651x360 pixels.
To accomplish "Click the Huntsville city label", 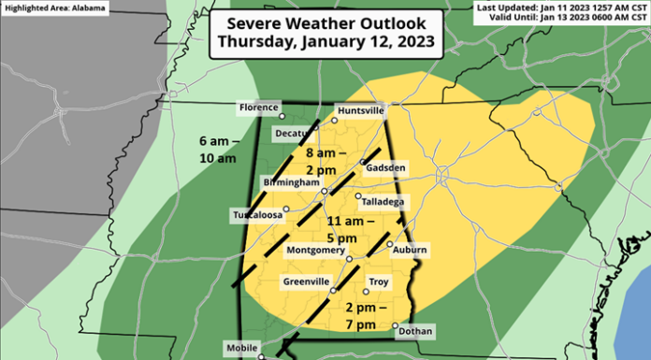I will coord(362,110).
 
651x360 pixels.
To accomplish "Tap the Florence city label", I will coord(258,108).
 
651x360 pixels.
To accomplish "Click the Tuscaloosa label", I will coord(256,216).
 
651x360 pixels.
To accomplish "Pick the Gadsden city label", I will coord(386,167).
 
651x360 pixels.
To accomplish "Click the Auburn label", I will coord(410,250).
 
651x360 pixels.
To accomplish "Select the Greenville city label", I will coord(305,281).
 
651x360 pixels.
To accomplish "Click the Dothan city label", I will coord(414,330).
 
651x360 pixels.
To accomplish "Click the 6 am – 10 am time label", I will coord(218,150).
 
